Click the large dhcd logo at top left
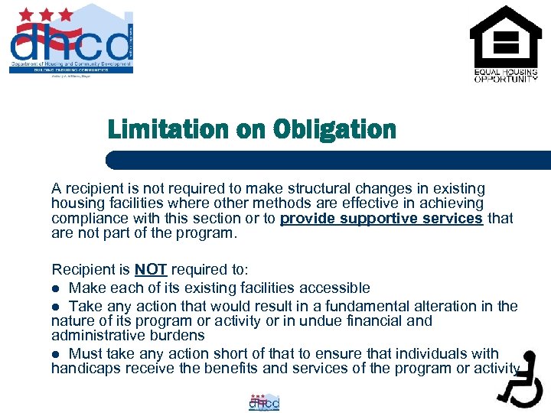click(70, 43)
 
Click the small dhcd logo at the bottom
click(264, 402)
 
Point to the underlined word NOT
click(152, 270)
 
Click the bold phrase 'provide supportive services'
click(381, 219)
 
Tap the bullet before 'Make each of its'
click(55, 288)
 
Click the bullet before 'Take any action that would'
click(55, 307)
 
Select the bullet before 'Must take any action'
click(55, 354)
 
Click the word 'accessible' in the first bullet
click(335, 288)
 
